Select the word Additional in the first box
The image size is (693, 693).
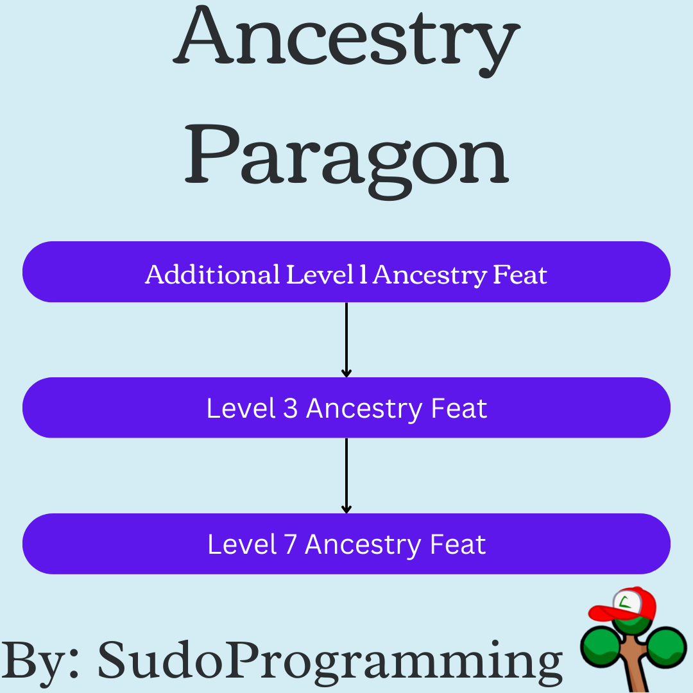[212, 275]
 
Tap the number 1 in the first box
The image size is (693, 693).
[363, 275]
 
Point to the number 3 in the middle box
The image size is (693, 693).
[291, 408]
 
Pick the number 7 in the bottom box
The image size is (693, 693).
[291, 544]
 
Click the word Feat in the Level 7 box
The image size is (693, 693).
[458, 544]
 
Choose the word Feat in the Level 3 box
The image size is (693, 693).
[459, 408]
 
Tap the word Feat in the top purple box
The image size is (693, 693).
[520, 275]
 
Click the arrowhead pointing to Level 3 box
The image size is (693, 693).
[346, 373]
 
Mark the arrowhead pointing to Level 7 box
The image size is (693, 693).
[346, 509]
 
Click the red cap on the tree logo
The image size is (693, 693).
[622, 604]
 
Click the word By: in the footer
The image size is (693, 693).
[40, 662]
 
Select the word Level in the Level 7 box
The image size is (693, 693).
[242, 544]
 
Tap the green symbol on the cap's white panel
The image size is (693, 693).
[625, 601]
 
